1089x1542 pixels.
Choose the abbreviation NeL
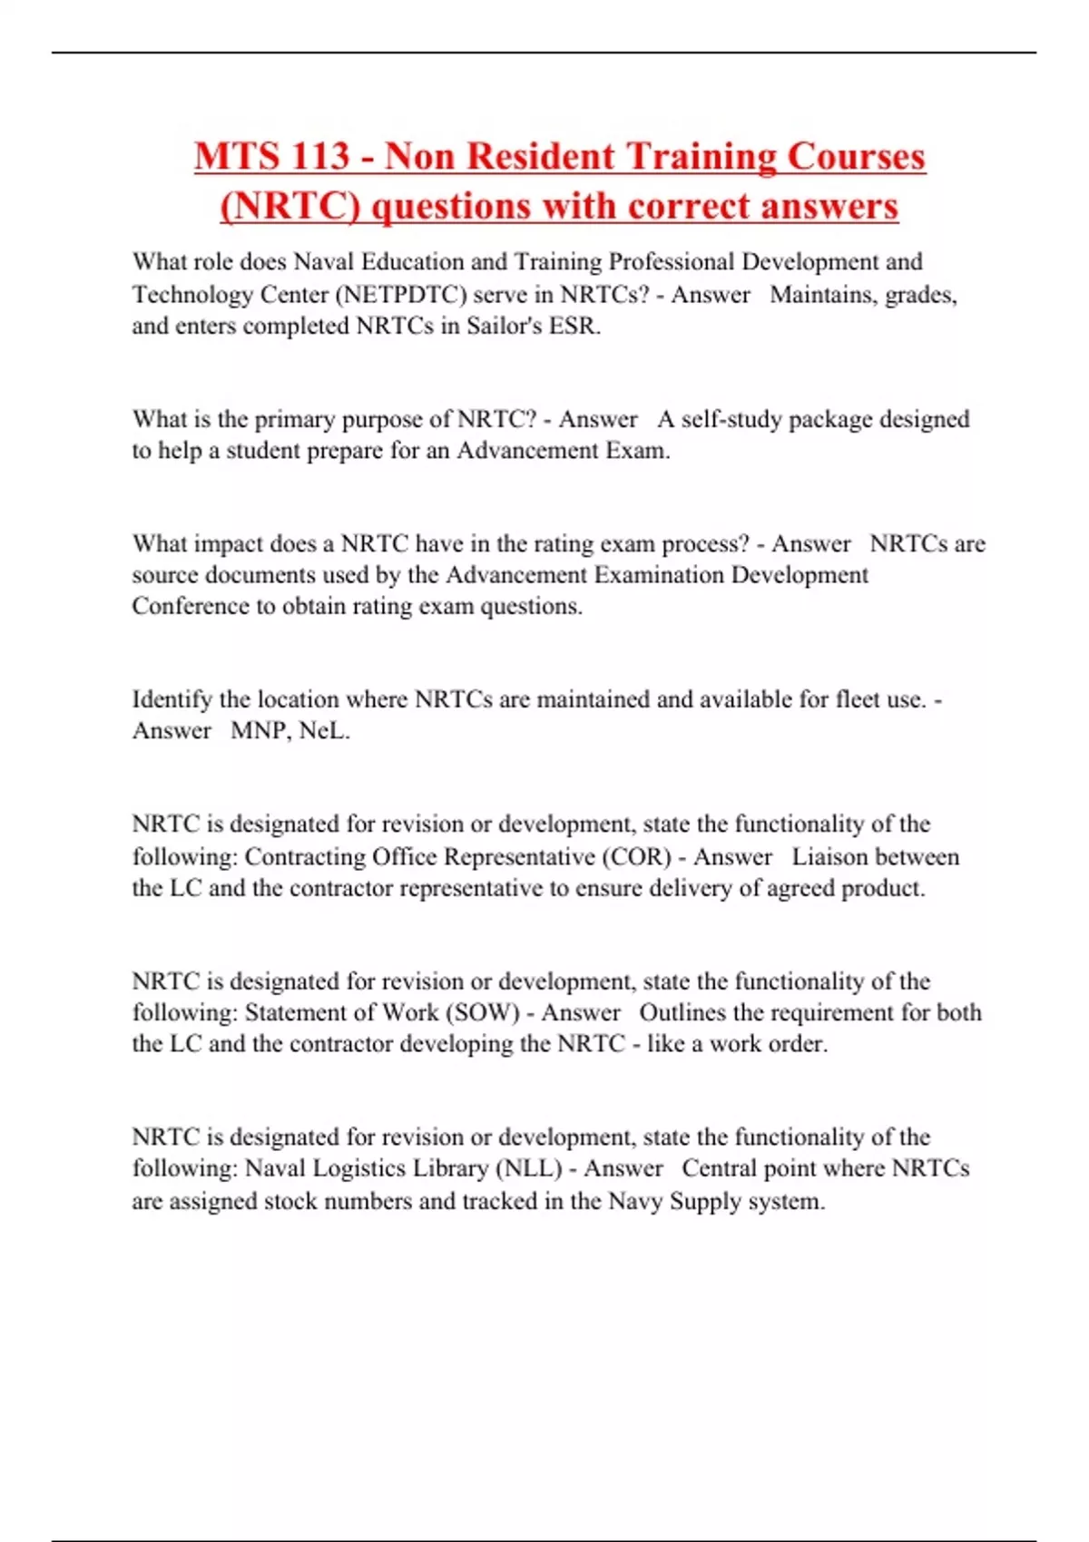pyautogui.click(x=323, y=731)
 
